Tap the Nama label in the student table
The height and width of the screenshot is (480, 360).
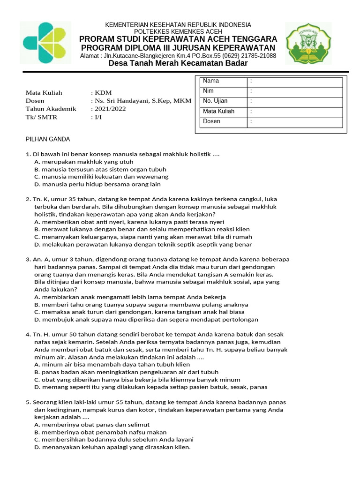tap(211, 81)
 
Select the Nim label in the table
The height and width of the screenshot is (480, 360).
tap(208, 91)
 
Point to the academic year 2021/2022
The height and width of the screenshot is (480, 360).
tap(110, 109)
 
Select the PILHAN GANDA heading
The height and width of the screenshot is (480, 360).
tap(47, 139)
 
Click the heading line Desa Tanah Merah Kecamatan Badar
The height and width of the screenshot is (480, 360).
tap(178, 63)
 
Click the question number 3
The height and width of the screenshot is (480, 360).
tap(27, 259)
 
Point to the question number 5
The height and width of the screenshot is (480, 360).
tap(27, 402)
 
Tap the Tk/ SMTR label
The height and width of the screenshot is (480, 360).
tap(41, 117)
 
